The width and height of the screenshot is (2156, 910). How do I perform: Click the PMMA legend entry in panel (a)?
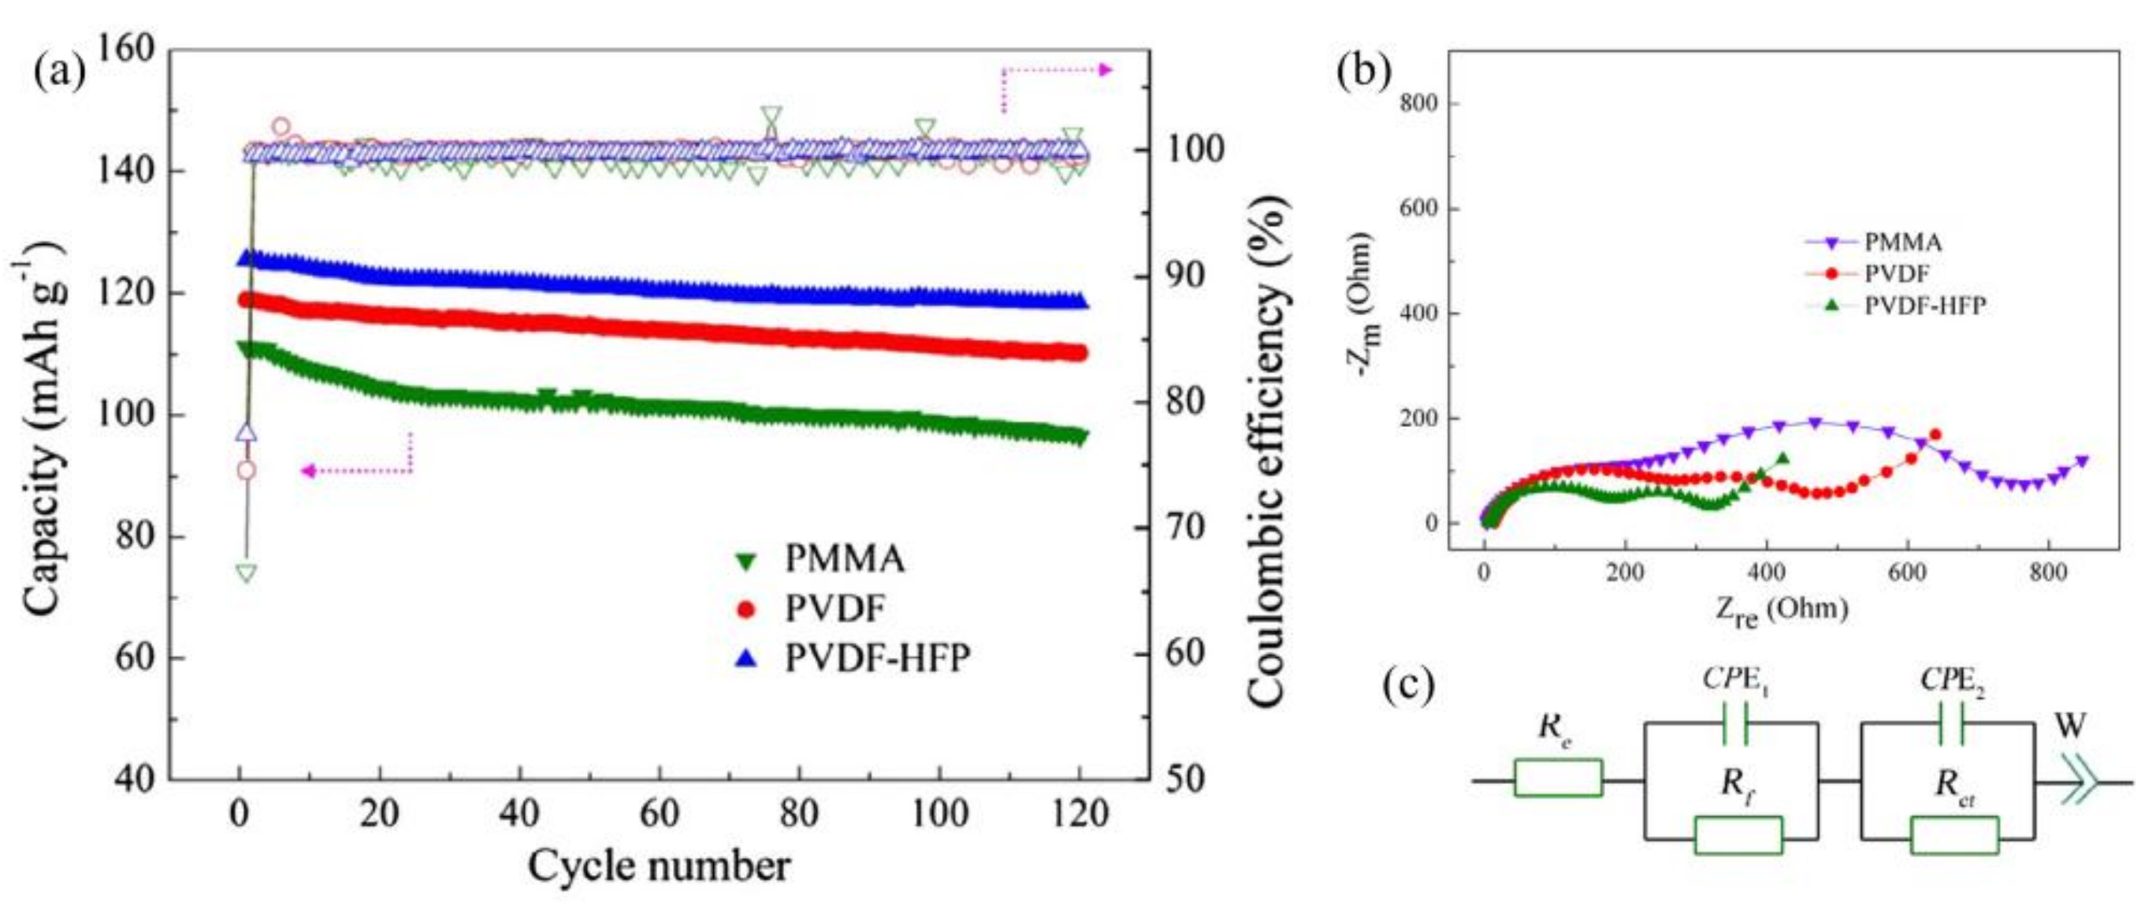(x=844, y=559)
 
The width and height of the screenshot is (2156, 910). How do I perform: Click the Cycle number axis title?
(x=659, y=867)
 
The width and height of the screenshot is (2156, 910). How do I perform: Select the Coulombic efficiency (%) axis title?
(x=1266, y=452)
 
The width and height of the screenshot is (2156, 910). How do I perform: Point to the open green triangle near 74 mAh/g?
(x=246, y=574)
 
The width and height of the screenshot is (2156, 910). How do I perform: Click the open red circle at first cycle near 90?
(x=246, y=470)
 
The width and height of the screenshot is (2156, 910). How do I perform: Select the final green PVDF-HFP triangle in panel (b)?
(x=1782, y=458)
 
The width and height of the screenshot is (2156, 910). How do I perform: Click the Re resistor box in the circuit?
(x=1559, y=778)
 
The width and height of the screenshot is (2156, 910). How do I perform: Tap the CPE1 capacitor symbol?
(x=1734, y=724)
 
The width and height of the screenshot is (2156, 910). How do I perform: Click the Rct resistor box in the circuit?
(x=1955, y=835)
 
